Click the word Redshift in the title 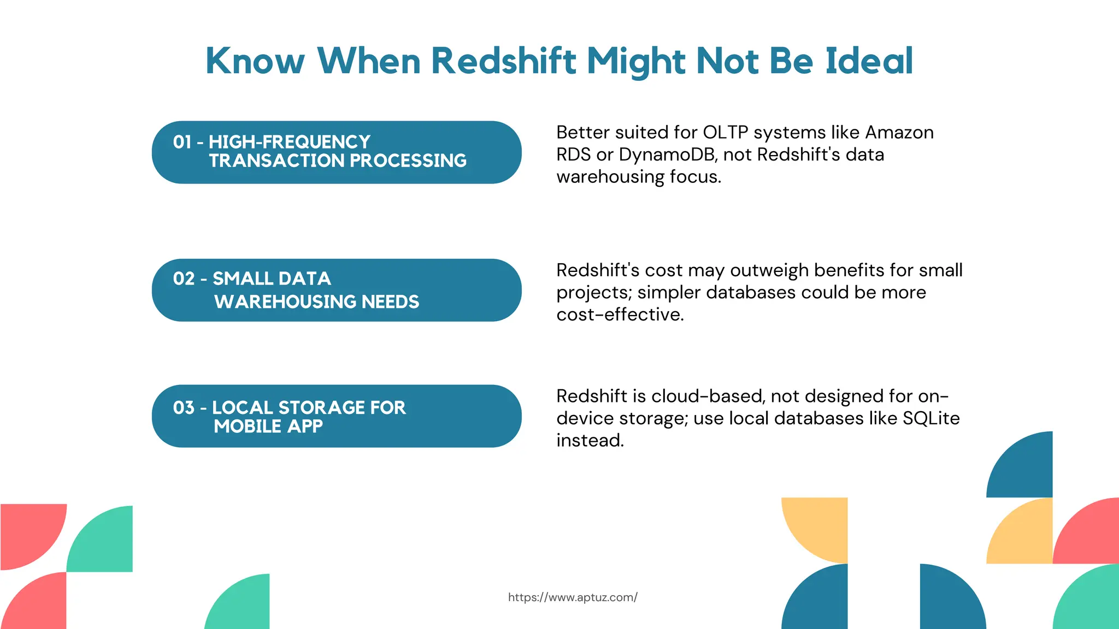point(503,61)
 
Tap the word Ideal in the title point(869,61)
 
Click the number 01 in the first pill point(182,142)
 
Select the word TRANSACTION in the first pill point(276,161)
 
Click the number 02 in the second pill point(184,278)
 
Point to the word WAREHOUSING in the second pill point(285,301)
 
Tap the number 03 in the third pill point(184,407)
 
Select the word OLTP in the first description point(725,133)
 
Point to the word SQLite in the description point(931,418)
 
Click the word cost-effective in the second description point(620,314)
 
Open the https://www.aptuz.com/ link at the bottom point(573,597)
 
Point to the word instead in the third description point(590,440)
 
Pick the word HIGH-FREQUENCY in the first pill point(290,142)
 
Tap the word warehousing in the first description point(607,177)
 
